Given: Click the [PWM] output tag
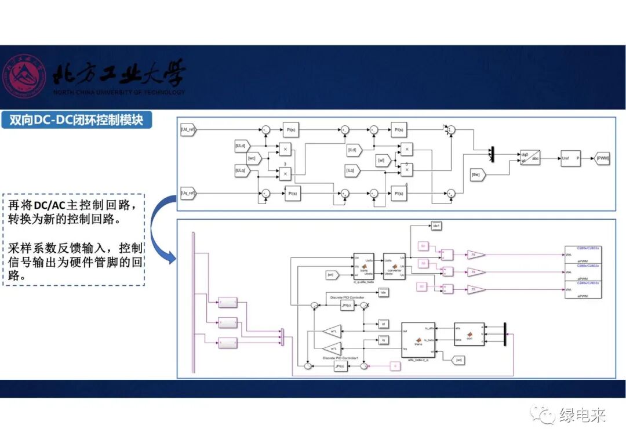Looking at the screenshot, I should click(603, 158).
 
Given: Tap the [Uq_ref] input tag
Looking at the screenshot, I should click(189, 192).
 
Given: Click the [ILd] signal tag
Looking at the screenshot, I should click(354, 150).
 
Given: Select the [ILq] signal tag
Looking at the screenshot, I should click(352, 171).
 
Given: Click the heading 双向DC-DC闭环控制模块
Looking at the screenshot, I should click(77, 120).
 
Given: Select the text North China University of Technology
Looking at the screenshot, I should click(119, 92).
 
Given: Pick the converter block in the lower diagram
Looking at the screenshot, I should click(394, 266).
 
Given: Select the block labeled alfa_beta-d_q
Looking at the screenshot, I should click(418, 340).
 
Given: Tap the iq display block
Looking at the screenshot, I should click(383, 339).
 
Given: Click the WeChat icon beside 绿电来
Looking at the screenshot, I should click(545, 415).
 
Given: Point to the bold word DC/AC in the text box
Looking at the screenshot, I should click(52, 205).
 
